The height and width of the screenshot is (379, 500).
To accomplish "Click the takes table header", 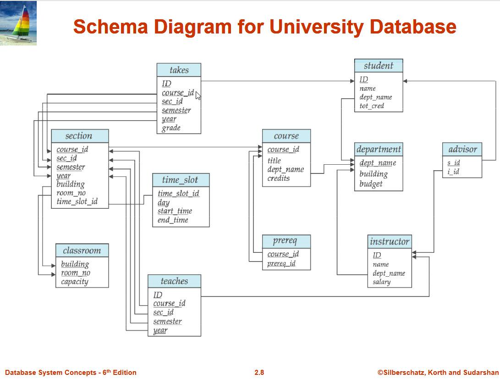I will tap(179, 70).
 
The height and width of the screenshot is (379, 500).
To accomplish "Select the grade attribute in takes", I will tap(171, 128).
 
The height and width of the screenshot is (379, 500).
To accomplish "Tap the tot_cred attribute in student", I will tap(372, 106).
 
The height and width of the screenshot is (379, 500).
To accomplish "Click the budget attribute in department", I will tap(371, 184).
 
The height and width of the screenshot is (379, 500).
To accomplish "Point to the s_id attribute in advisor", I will tap(453, 163).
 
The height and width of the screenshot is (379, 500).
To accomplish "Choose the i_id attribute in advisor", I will tap(453, 172).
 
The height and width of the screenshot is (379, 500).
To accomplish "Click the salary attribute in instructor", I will tap(381, 282).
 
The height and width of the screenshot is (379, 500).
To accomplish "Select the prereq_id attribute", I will tap(281, 263).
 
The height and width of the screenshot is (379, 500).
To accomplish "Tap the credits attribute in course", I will tap(279, 178).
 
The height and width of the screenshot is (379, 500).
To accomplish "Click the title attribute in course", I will tap(274, 161).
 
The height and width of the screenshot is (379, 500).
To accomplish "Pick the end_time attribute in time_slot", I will tap(173, 220).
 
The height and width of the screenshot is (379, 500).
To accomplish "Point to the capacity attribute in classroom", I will tap(74, 282).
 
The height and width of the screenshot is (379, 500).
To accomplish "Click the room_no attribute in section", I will tap(71, 193).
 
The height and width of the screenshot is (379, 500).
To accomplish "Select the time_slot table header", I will tap(180, 180).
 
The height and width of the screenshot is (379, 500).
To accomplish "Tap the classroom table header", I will tap(82, 251).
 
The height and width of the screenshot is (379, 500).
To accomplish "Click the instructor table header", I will tap(390, 241).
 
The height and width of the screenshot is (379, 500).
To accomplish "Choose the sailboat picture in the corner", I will tap(18, 23).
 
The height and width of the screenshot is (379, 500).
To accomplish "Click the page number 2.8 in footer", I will tap(259, 373).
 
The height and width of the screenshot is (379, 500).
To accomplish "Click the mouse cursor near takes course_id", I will tap(198, 95).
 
